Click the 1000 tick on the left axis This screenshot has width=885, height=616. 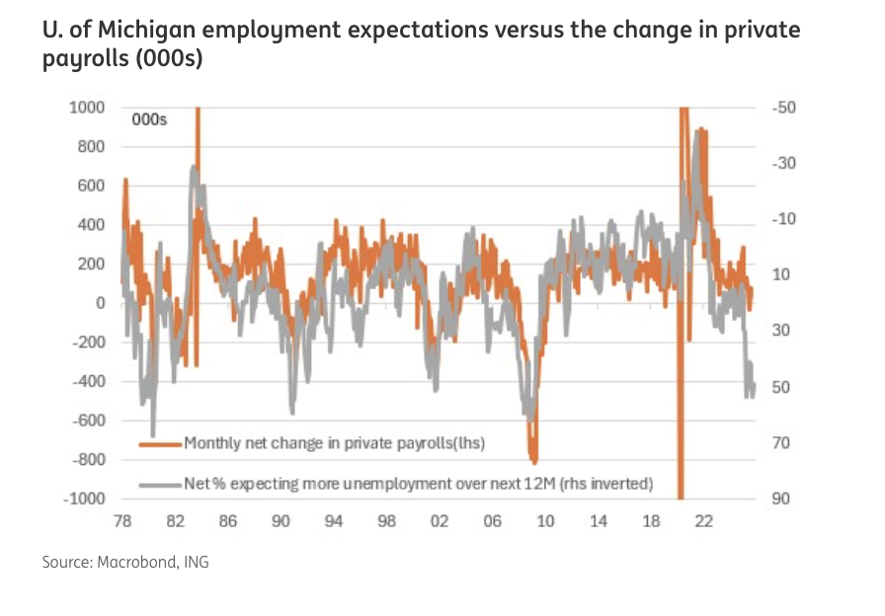point(88,108)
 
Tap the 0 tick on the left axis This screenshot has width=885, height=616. point(100,303)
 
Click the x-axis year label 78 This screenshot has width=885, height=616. point(121,520)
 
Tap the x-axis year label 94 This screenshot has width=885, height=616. point(334,520)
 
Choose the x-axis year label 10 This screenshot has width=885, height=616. point(545,520)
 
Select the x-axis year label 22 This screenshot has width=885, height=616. point(704,520)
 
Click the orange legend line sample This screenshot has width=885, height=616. point(160,444)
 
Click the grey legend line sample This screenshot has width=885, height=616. point(160,484)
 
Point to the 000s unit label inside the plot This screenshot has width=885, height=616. point(150,120)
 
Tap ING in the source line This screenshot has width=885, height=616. point(196,563)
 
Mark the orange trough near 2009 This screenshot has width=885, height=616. point(534,460)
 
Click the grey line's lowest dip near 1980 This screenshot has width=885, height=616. point(153,434)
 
